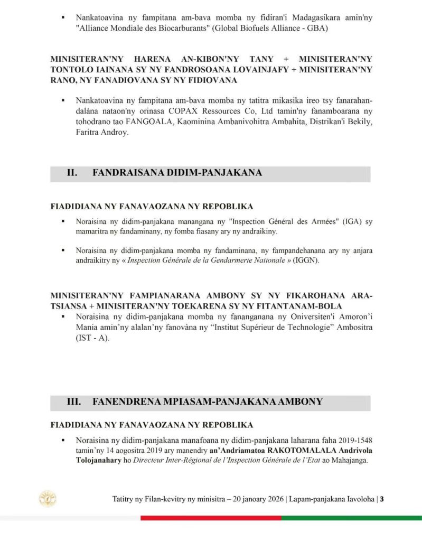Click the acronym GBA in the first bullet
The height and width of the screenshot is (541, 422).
pos(314,29)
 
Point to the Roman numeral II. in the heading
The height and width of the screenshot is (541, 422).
pos(72,173)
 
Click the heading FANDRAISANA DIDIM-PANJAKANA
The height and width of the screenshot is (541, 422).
pos(177,173)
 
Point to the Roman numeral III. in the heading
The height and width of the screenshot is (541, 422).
pos(73,402)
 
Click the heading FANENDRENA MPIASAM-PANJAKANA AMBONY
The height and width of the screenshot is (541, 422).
pos(207,402)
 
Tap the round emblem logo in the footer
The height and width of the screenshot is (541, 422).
pos(48,498)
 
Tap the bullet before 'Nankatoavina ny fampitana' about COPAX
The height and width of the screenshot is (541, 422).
pos(63,100)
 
